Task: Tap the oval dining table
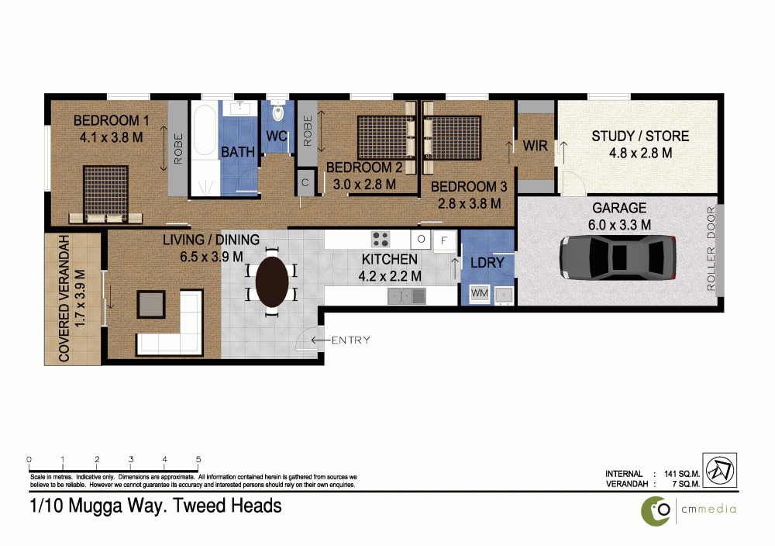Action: pos(272,281)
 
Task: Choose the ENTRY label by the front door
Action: pos(350,340)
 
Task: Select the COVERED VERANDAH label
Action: pos(65,299)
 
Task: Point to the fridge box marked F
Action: pos(444,240)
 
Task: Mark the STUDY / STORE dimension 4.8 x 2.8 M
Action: pos(639,153)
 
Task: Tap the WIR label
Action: pos(536,146)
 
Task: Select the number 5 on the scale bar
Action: pos(199,458)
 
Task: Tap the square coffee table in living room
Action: pos(151,303)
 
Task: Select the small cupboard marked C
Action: pos(305,183)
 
